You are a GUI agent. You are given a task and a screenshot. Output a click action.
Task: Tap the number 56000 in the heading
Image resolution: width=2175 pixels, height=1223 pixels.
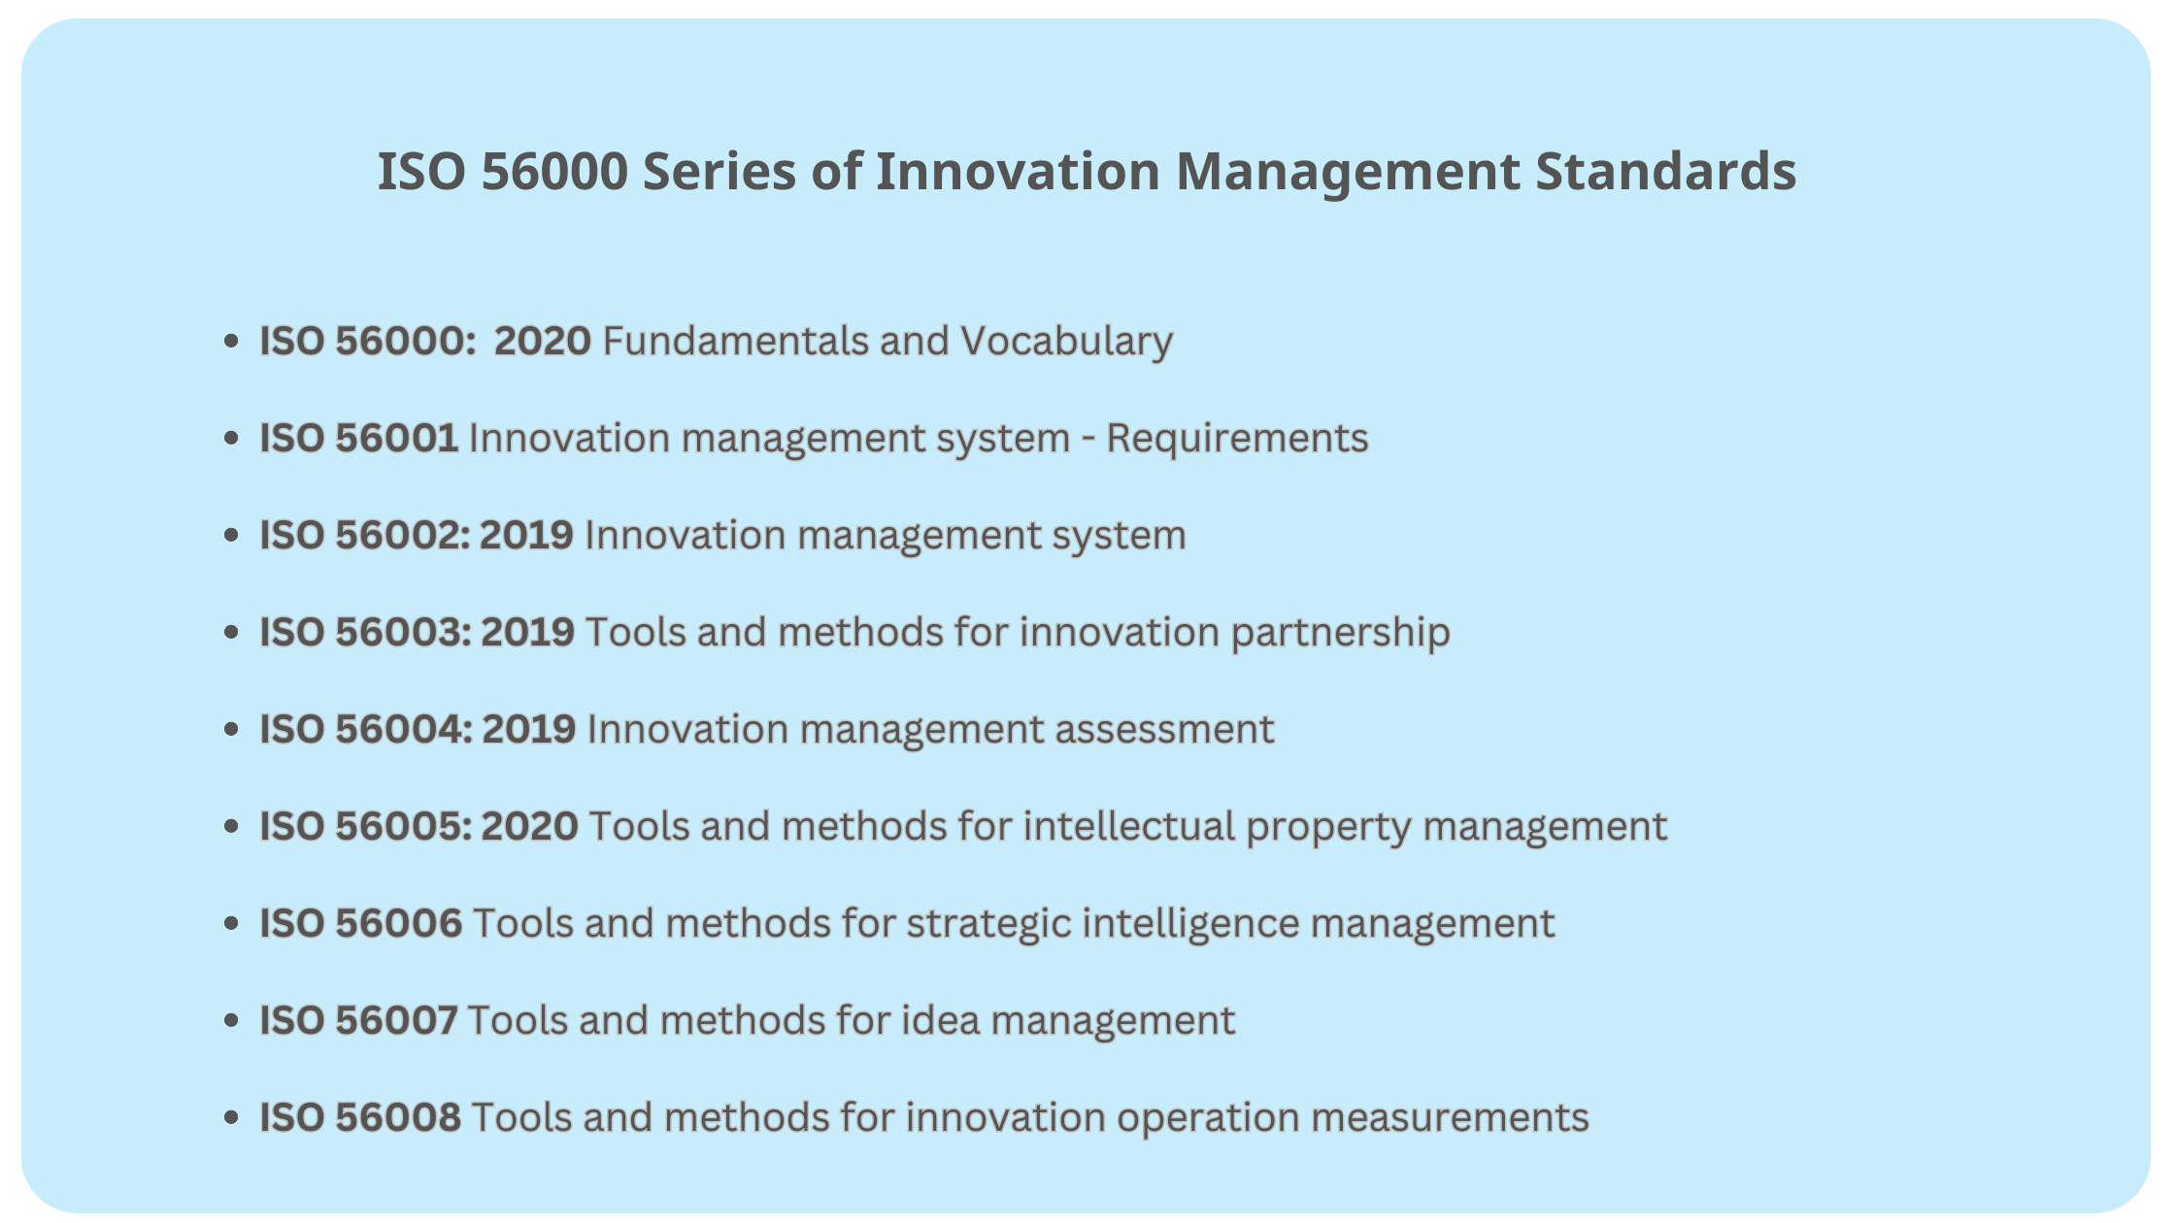(x=555, y=172)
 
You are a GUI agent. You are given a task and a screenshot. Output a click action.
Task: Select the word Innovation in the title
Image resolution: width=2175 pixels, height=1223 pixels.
(x=1018, y=172)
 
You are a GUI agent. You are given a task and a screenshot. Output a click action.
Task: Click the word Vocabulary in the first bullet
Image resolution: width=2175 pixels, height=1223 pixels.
(x=1066, y=342)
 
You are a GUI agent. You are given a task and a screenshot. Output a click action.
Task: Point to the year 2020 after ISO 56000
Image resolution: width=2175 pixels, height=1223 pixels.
(x=542, y=342)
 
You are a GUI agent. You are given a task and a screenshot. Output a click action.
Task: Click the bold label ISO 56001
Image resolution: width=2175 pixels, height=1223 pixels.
(x=358, y=439)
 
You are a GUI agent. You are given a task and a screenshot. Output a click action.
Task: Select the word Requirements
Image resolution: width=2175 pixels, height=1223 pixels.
(x=1237, y=439)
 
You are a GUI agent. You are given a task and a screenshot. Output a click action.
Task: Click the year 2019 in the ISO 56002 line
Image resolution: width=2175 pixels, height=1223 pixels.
(x=526, y=536)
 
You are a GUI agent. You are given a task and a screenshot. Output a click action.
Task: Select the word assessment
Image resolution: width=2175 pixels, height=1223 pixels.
(x=1164, y=730)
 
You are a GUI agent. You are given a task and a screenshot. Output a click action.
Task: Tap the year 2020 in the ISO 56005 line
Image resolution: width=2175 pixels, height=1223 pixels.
(x=530, y=827)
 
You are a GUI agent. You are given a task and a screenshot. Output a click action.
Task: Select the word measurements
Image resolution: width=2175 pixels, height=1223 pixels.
(x=1450, y=1118)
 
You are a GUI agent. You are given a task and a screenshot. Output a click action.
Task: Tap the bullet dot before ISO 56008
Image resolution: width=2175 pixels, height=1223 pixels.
(x=231, y=1118)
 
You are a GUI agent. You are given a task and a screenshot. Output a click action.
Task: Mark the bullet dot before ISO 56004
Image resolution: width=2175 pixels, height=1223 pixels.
(x=231, y=730)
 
